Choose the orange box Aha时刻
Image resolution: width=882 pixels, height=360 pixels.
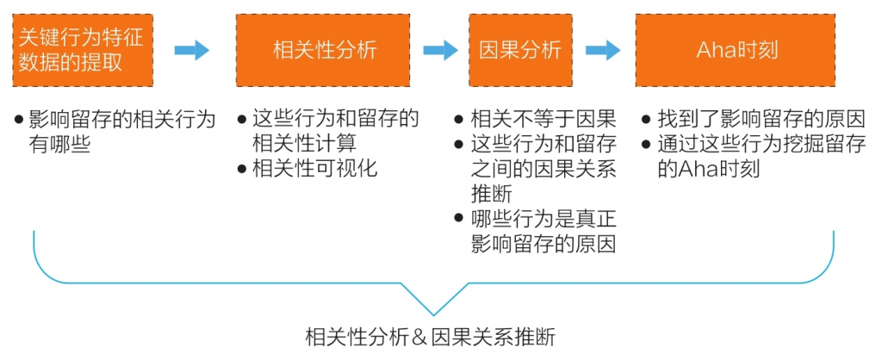pos(736,50)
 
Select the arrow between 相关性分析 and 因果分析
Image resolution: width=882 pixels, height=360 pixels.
pos(440,50)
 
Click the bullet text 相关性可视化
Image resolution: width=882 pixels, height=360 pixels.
pos(314,168)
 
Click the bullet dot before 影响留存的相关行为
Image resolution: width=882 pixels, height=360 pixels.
pos(19,119)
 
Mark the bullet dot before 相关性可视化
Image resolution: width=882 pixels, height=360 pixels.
pos(242,168)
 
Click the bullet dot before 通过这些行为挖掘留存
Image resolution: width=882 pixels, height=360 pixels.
pos(646,144)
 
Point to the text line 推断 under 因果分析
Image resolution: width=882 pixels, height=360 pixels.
pos(492,193)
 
